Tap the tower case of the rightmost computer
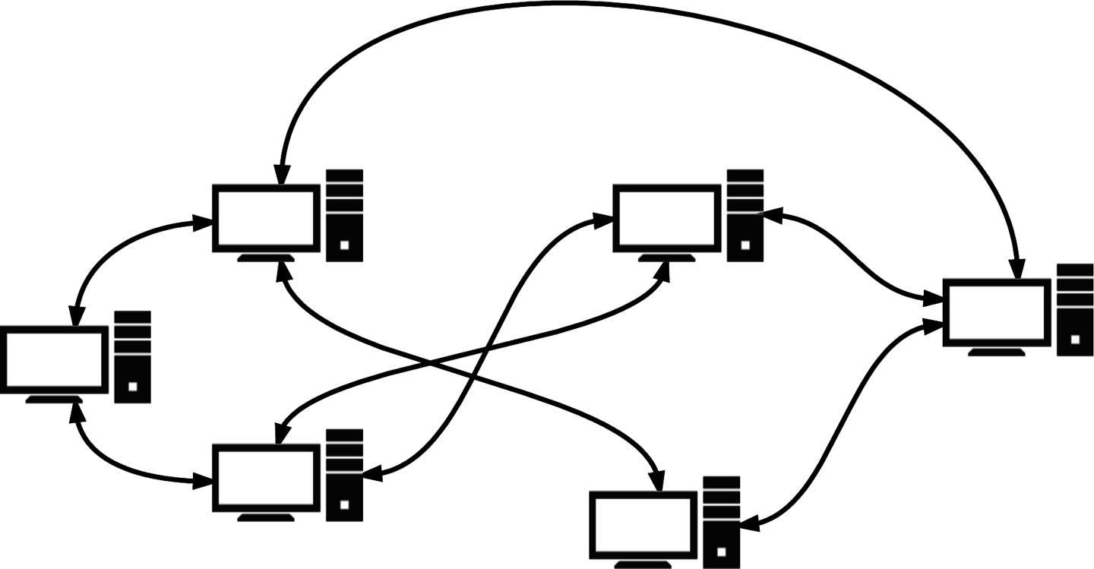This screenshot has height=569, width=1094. click(1074, 310)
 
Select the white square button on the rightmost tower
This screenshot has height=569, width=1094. click(1074, 340)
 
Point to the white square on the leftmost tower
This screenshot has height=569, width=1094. click(133, 387)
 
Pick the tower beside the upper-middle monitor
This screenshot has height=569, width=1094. click(745, 215)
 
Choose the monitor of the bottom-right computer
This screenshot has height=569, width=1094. click(644, 525)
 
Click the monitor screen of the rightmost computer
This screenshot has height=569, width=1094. click(996, 312)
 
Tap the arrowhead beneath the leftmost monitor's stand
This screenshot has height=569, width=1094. click(75, 411)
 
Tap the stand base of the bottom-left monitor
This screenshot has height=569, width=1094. click(265, 518)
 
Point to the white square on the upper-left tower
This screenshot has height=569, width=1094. click(345, 245)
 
